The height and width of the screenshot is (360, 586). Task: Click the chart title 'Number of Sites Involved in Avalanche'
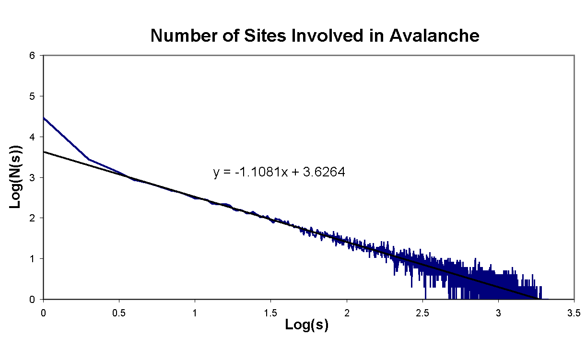point(315,35)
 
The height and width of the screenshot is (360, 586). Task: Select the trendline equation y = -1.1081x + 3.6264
point(279,172)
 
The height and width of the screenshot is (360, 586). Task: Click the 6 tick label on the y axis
point(32,56)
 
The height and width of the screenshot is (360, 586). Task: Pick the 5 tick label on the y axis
point(32,96)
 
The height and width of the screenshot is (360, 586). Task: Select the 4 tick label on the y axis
point(32,137)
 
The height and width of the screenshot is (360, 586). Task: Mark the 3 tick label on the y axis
point(32,178)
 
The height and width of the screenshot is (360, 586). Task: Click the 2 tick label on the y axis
point(32,218)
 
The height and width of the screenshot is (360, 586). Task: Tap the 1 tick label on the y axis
point(32,259)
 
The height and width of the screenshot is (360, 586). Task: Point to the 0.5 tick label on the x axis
point(119,313)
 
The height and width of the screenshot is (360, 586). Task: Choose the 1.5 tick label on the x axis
point(270,313)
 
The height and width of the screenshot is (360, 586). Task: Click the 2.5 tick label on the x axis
point(422,313)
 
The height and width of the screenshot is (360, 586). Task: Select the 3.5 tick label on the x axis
point(574,313)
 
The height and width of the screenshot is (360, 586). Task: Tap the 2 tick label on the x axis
point(346,313)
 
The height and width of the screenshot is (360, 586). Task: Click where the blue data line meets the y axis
point(44,117)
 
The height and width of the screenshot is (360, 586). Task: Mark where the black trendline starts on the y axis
point(44,152)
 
